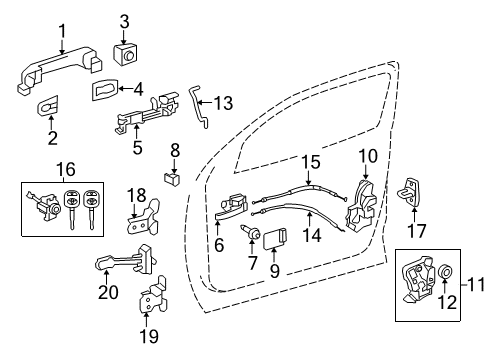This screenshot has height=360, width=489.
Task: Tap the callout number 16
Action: click(36, 171)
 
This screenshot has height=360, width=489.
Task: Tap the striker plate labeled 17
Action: click(410, 190)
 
